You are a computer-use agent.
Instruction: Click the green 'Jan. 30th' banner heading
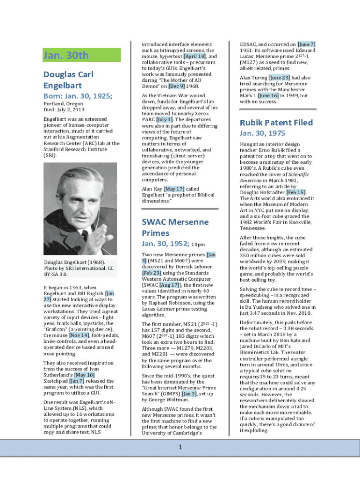point(66,56)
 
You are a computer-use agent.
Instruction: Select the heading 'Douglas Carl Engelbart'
point(69,80)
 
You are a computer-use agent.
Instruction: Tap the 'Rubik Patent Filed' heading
point(276,123)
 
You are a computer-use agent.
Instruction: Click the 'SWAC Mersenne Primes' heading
point(175,227)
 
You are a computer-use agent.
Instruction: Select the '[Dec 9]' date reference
point(177,87)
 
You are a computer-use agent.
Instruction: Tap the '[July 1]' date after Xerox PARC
point(164,119)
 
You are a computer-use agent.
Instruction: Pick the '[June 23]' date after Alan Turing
point(280,78)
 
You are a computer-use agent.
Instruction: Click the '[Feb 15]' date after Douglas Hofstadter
point(295,192)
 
